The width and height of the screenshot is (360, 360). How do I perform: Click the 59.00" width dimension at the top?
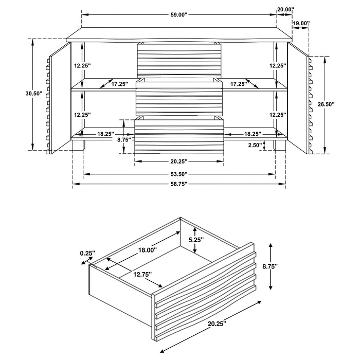coord(178,14)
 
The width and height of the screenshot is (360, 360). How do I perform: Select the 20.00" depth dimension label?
coord(285,9)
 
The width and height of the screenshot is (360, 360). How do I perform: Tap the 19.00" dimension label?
coord(301,24)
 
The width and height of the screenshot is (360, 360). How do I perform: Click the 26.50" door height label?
coord(326,104)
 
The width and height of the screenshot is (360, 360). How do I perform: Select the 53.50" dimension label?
coord(178,174)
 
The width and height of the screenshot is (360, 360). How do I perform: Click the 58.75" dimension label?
coord(178,184)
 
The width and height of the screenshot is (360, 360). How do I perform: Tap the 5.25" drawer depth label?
coord(195,240)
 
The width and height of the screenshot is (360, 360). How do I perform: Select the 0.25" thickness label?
coord(87,253)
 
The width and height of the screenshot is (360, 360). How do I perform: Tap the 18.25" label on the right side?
coord(254,134)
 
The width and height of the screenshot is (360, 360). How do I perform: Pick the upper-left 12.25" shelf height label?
coord(82,66)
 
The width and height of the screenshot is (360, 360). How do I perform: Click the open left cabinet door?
coord(58,98)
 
